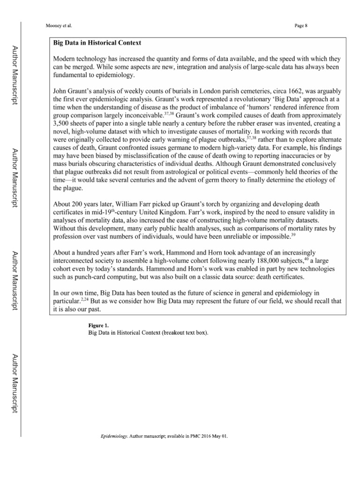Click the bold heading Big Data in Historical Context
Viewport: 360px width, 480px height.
click(x=97, y=43)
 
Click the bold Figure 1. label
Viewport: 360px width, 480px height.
click(x=98, y=325)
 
